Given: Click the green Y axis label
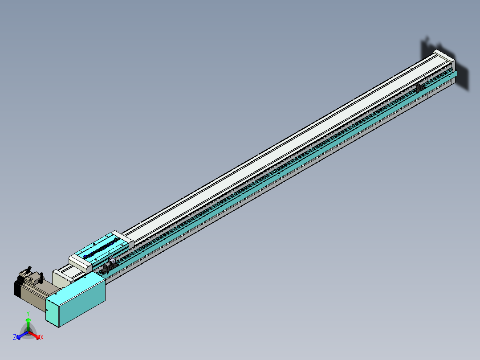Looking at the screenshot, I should tap(28, 313).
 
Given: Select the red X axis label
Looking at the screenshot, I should tap(42, 338).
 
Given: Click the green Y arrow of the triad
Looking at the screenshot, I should tap(28, 323).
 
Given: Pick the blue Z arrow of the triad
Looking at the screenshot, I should tap(20, 335).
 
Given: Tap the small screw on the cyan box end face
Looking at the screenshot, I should tap(46, 310).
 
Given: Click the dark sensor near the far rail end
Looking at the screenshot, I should tap(419, 88).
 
